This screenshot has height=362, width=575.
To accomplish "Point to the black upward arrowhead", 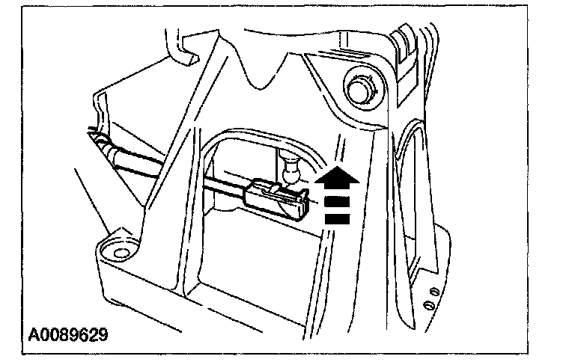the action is click(x=337, y=177).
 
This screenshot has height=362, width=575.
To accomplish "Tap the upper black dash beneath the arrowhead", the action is click(x=337, y=200).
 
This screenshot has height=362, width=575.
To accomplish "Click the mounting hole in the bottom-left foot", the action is click(x=118, y=249).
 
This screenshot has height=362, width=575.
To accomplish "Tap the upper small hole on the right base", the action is click(x=433, y=289).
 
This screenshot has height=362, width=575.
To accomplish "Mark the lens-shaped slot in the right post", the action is click(x=409, y=180).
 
